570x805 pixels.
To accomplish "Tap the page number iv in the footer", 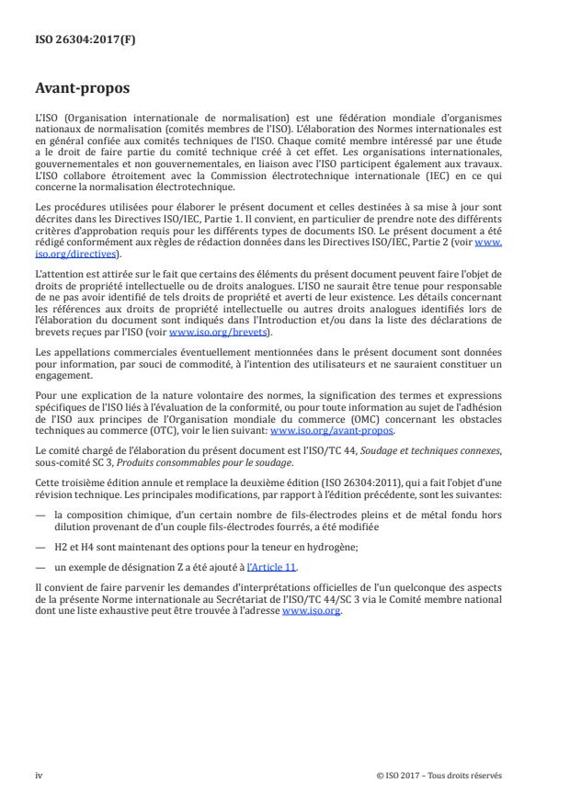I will pos(40,775).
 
